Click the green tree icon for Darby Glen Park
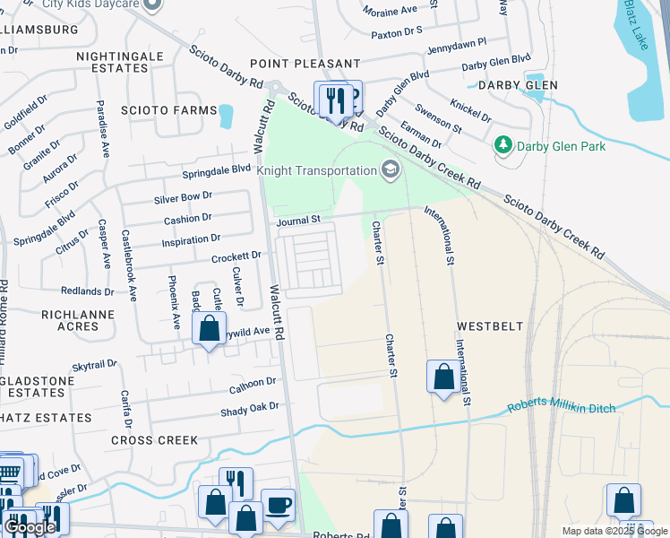click(503, 145)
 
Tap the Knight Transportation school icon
click(390, 169)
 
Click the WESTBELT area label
click(490, 325)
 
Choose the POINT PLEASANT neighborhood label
click(305, 64)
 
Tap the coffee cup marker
click(278, 504)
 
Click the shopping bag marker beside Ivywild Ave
click(209, 329)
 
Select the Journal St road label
click(298, 220)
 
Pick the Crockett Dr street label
click(236, 256)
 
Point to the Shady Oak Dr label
click(250, 412)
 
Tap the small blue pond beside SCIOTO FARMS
click(225, 115)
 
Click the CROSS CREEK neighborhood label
click(147, 440)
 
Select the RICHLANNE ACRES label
click(70, 320)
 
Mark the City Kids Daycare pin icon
click(152, 4)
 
